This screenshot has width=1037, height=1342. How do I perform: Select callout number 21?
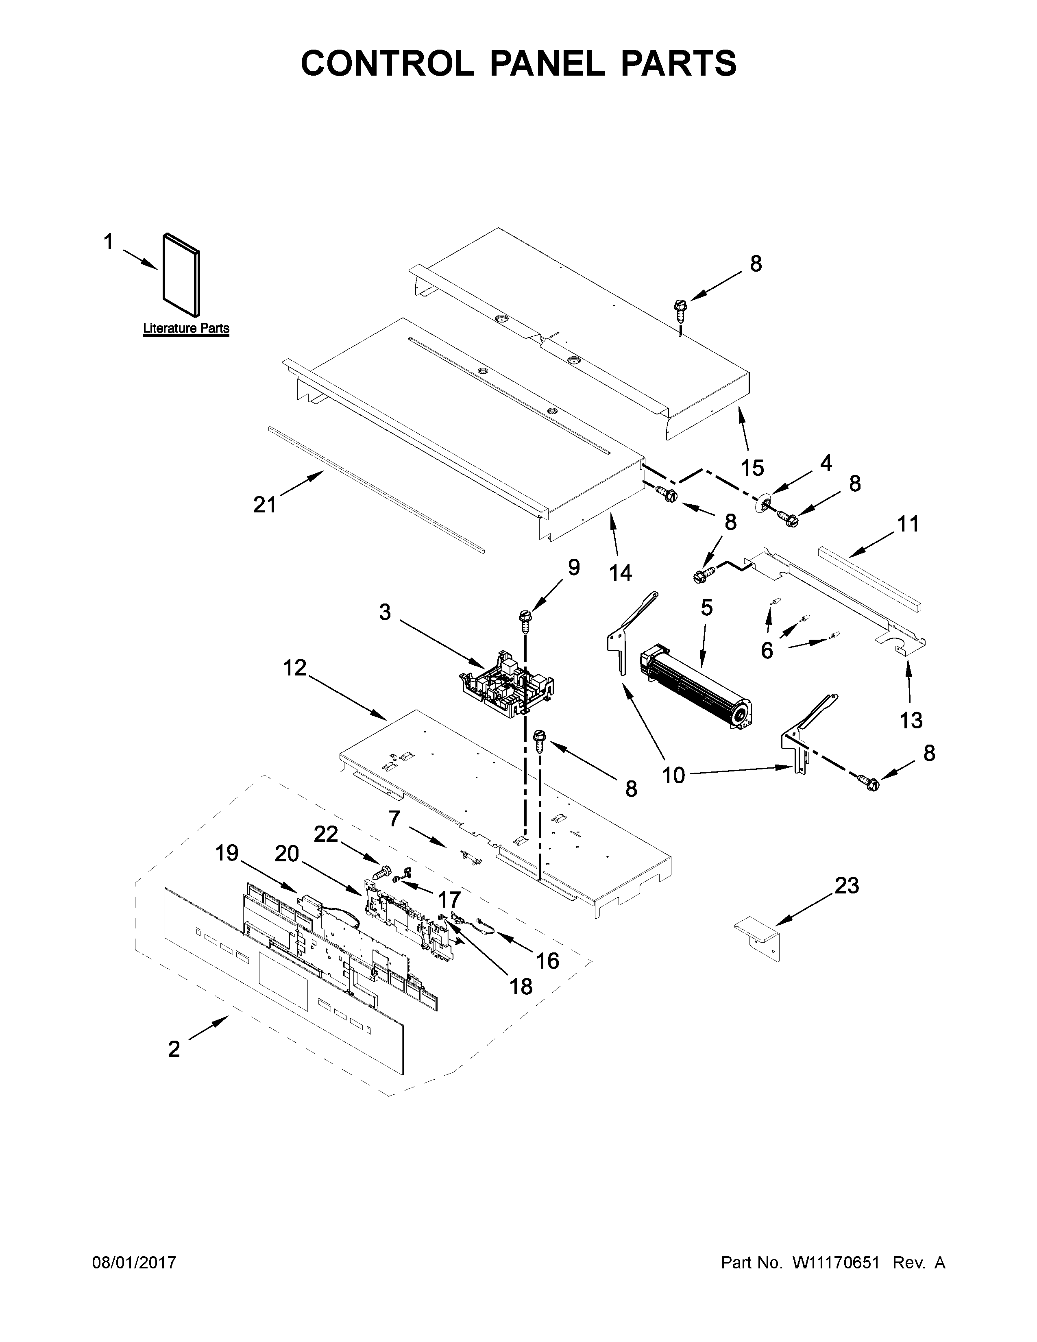pos(265,505)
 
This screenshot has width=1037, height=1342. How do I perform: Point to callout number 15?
pos(752,468)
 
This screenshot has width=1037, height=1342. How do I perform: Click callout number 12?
pos(295,667)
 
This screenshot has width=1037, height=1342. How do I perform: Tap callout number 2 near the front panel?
pos(174,1049)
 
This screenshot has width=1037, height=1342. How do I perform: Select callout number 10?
pos(674,776)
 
